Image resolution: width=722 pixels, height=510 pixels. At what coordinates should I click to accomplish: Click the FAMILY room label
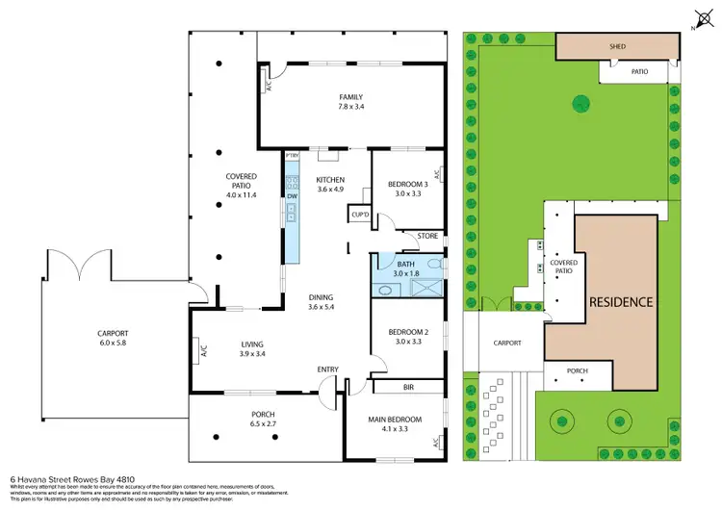click(349, 97)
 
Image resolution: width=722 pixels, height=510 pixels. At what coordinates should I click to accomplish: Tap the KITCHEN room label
click(330, 180)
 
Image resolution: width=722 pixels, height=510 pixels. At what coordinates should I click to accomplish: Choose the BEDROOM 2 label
click(404, 332)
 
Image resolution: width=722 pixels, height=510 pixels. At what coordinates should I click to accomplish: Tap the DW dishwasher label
click(291, 196)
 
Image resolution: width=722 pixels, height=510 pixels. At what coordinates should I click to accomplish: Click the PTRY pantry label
click(293, 155)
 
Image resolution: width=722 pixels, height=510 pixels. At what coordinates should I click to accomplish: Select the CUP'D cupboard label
click(361, 215)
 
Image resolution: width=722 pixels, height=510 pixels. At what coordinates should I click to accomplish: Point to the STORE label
click(427, 236)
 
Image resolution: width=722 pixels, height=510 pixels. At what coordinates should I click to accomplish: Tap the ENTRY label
click(328, 370)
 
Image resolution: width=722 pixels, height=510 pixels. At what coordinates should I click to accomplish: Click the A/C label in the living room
click(203, 352)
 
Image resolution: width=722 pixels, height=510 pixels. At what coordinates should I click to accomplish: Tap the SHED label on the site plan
click(615, 45)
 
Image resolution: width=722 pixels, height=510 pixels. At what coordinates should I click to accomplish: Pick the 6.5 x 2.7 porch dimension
click(264, 424)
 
